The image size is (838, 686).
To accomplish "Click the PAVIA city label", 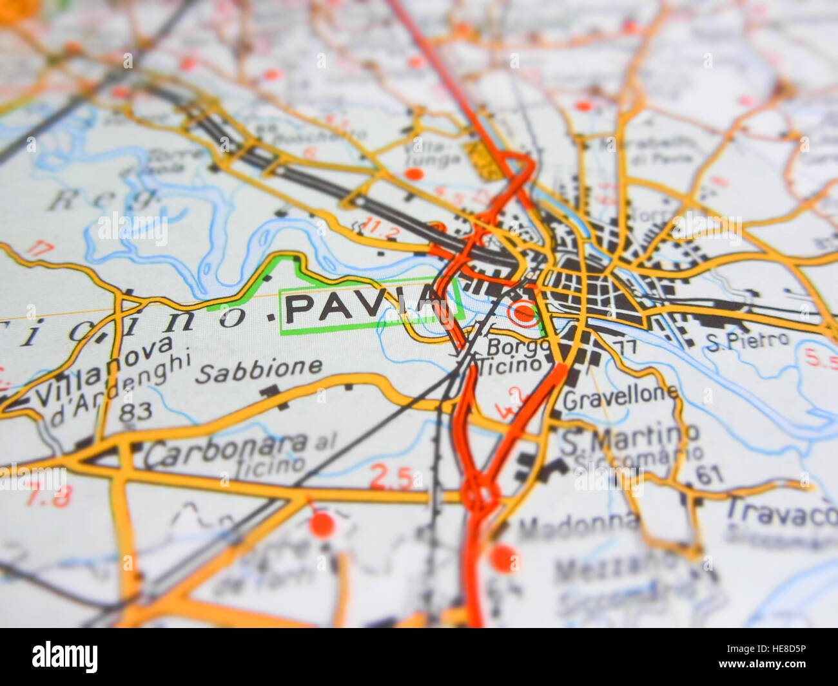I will click(361, 307).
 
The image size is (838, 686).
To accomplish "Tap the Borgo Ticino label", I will click(514, 356).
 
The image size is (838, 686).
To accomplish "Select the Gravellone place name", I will click(620, 397).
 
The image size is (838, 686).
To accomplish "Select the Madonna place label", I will click(578, 527).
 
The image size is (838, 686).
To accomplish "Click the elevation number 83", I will click(135, 412).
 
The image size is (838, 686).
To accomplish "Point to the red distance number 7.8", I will click(49, 497).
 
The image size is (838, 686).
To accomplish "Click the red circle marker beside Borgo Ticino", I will click(524, 314).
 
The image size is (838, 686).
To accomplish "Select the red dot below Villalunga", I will click(414, 174).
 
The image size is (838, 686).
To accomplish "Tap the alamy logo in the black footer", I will click(65, 656).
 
